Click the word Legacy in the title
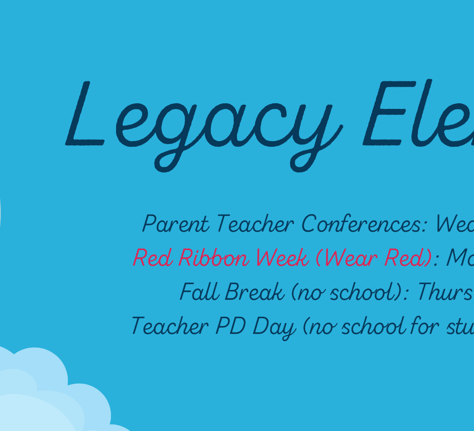204,126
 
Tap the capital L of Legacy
85,114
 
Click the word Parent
176,224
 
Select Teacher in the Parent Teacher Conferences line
255,224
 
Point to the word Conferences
364,224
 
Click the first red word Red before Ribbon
153,258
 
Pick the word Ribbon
214,257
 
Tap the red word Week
283,257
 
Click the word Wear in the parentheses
347,258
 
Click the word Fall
200,291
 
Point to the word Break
255,291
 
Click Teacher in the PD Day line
170,325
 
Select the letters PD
231,325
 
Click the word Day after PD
274,328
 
